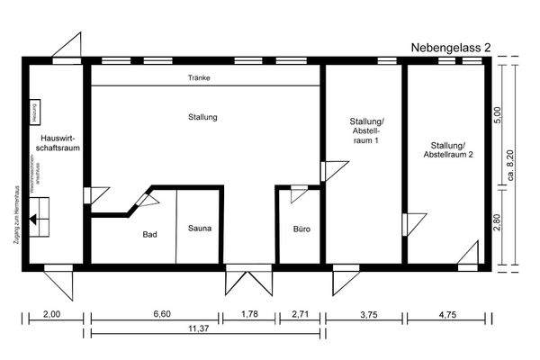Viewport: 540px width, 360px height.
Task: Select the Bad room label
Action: [150, 234]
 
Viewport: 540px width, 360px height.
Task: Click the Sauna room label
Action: [200, 229]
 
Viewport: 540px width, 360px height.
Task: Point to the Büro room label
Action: [301, 229]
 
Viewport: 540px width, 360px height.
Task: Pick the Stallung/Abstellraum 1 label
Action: [364, 131]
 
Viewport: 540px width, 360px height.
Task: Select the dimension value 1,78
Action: [249, 314]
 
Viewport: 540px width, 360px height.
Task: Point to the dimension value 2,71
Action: [301, 314]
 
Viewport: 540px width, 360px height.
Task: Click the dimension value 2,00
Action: [51, 314]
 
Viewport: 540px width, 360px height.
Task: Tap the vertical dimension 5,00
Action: [498, 118]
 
